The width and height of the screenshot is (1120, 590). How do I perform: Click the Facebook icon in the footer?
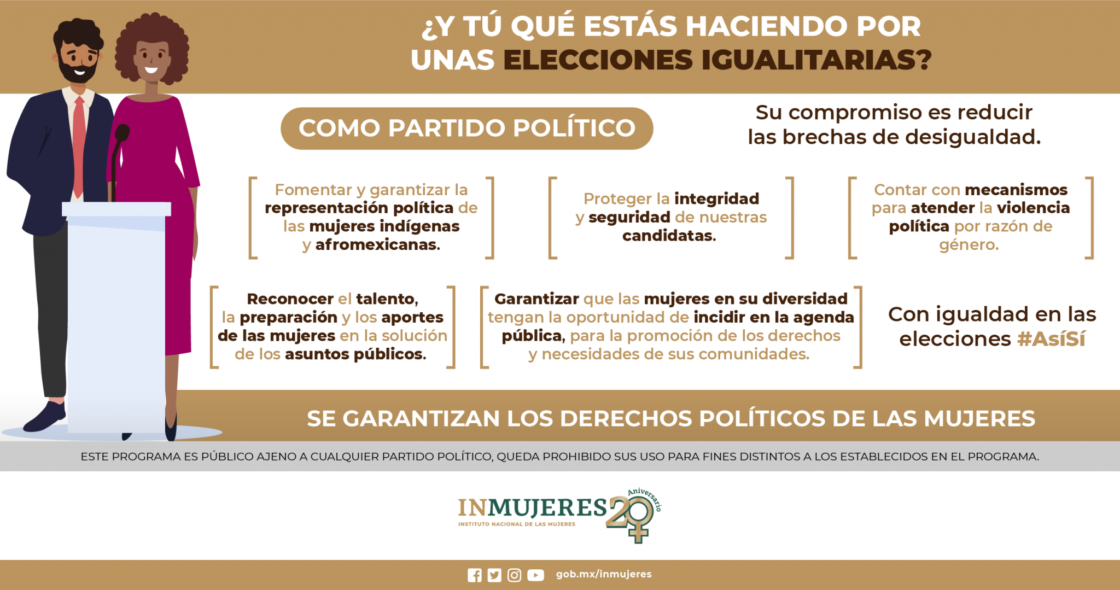pos(475,575)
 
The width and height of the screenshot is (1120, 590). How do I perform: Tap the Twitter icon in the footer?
pos(494,575)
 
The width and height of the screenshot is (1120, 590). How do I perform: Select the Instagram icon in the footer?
pos(514,575)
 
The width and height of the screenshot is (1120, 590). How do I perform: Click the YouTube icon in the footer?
pos(535,575)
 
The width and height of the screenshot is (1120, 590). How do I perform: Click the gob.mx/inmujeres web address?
pos(604,574)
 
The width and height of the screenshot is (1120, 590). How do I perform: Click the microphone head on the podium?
pos(122,132)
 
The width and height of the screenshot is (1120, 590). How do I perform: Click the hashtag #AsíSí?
pos(1051,339)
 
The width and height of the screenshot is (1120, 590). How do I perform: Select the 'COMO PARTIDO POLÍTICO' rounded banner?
pos(466,128)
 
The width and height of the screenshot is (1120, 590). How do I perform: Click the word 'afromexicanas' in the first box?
pos(377,244)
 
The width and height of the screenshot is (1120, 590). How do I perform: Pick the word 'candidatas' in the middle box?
pos(669,236)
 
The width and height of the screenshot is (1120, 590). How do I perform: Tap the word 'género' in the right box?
pos(969,246)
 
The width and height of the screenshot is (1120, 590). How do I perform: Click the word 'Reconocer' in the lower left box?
pos(290,299)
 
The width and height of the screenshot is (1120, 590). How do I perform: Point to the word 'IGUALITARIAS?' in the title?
pos(816,60)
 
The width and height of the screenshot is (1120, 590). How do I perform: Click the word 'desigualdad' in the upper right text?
pos(972,137)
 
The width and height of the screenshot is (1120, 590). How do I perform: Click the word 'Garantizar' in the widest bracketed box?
pos(536,299)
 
